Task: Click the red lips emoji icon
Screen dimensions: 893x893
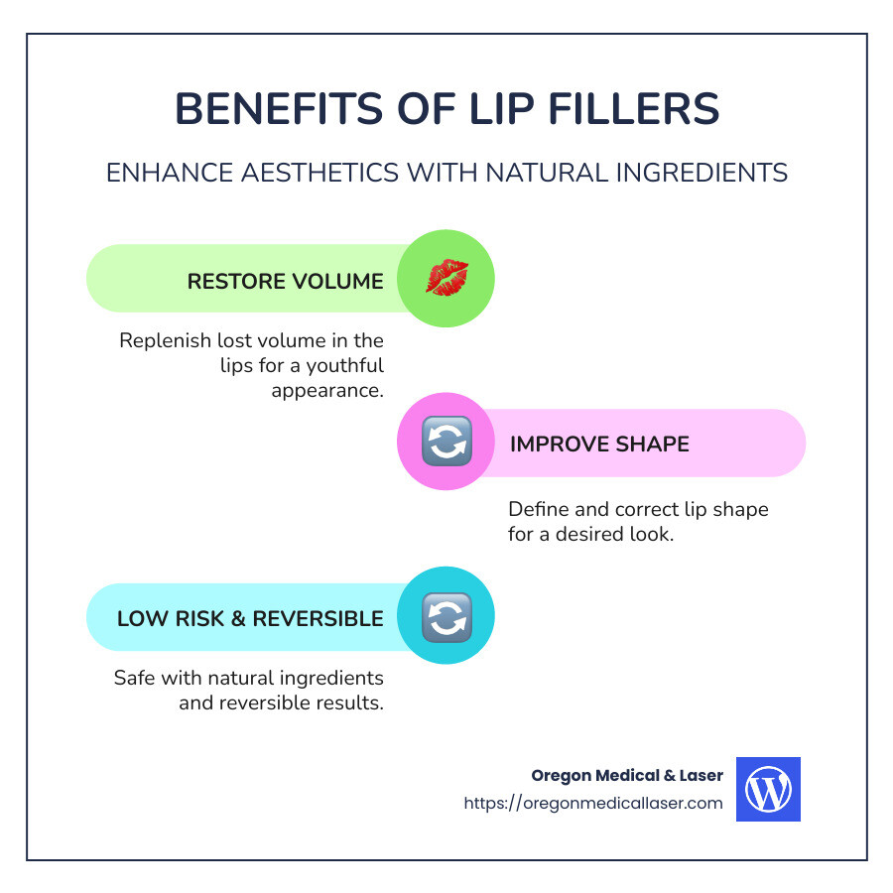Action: [446, 278]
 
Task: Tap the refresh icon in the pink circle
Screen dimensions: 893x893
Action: [446, 443]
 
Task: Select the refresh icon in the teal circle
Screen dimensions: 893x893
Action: [446, 617]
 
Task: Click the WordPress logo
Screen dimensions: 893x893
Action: [768, 790]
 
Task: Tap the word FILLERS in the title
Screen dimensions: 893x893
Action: [629, 108]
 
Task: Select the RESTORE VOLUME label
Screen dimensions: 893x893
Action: [285, 281]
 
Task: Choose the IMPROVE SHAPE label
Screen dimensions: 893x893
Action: [599, 444]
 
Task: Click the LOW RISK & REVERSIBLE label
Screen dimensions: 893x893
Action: [250, 618]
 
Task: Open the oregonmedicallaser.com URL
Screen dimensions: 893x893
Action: [593, 803]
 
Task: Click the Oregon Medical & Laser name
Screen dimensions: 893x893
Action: [627, 775]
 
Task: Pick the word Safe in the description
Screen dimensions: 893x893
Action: [135, 679]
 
